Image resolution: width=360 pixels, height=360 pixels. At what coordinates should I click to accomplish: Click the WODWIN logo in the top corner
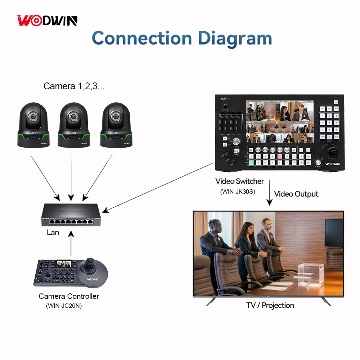pos(48,21)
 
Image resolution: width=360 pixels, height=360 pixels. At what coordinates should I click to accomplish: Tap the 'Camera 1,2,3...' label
pos(74,86)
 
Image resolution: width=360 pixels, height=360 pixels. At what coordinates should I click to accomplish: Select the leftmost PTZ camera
pos(33,124)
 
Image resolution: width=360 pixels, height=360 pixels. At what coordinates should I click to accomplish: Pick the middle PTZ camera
pos(74,124)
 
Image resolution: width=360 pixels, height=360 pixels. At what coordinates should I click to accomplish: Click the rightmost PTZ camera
pos(115,124)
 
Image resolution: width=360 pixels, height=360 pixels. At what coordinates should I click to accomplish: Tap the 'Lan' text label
pos(53,233)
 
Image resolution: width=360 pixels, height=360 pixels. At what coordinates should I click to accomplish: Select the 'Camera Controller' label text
pos(69,296)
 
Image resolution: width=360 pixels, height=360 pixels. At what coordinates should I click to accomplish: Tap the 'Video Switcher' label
pos(240,181)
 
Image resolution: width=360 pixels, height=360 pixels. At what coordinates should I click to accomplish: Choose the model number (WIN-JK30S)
pos(238,192)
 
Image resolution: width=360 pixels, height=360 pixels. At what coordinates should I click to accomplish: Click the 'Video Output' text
pos(296,194)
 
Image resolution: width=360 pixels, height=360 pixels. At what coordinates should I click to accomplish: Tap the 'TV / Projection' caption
pos(270,305)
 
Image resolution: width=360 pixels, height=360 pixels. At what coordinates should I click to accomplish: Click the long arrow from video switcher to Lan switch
pos(158,186)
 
